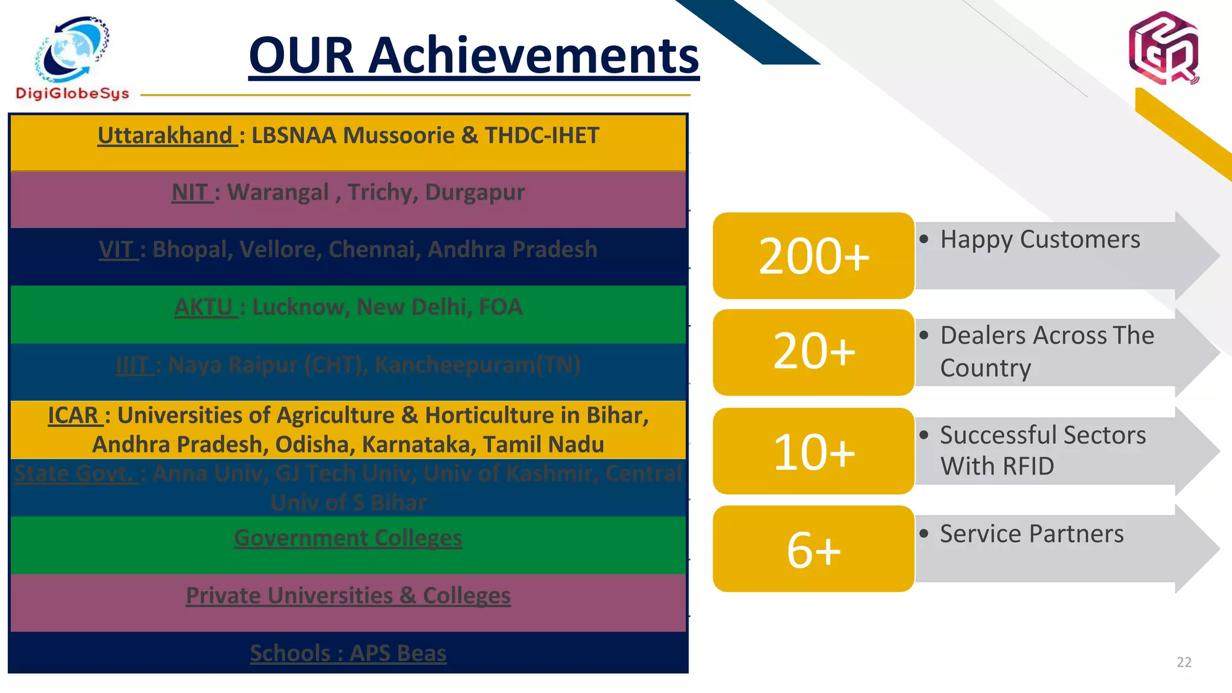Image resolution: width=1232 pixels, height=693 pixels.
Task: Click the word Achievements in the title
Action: [533, 55]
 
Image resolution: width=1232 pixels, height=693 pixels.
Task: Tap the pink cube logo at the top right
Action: [1163, 48]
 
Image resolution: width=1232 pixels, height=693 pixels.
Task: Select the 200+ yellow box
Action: [813, 256]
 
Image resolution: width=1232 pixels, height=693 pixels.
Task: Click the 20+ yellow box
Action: [813, 352]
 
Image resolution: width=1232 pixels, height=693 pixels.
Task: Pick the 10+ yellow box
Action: [813, 451]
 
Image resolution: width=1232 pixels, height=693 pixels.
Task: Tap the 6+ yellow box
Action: [813, 549]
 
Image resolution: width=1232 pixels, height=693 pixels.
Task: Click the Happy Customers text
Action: [1039, 239]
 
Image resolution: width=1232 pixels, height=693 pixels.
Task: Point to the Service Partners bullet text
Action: [1031, 534]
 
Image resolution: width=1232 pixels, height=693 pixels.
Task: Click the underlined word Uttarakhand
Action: [165, 135]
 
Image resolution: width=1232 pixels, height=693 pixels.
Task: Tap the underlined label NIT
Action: [190, 192]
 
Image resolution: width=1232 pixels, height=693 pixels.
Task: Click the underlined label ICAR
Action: [73, 415]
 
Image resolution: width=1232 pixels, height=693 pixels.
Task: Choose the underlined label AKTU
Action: [204, 307]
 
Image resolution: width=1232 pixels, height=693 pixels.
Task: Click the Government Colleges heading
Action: [348, 537]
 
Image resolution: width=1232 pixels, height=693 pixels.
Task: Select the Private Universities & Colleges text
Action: [348, 596]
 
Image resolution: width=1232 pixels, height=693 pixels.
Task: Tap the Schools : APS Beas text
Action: [348, 653]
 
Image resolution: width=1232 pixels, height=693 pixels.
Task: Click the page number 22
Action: [1183, 662]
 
